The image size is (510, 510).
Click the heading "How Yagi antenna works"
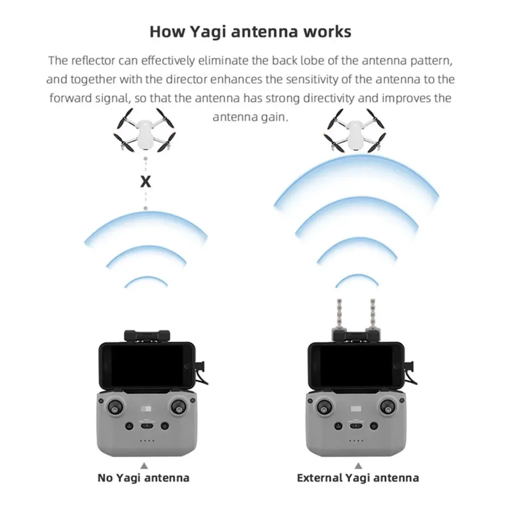tap(250, 32)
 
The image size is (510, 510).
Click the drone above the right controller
tap(354, 130)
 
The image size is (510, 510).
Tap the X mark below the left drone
tap(146, 182)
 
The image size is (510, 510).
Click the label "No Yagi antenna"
tap(143, 478)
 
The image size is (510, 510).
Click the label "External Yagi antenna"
tap(358, 478)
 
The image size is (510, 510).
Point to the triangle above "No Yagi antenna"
tap(144, 465)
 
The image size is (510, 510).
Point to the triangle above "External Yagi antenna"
tap(358, 465)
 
